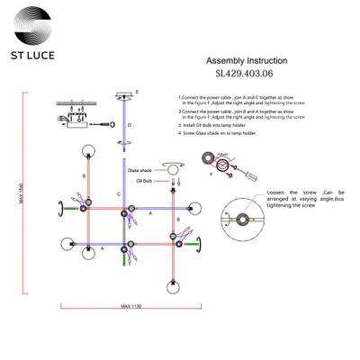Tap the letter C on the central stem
(x=119, y=194)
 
